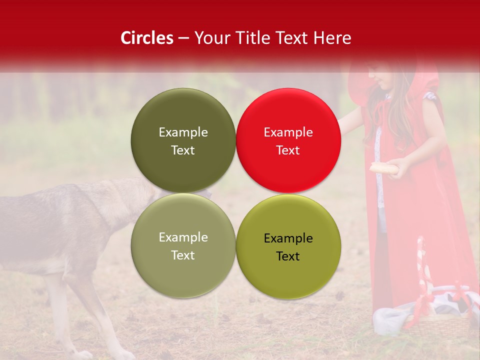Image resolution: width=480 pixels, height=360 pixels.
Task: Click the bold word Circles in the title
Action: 147,38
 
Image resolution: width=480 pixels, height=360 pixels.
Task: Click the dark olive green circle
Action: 183,140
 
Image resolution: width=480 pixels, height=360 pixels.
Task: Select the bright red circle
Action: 288,140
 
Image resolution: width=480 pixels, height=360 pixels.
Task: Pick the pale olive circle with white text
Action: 183,245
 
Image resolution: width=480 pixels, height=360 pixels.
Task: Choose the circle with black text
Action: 288,246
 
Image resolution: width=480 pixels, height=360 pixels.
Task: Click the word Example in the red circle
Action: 288,132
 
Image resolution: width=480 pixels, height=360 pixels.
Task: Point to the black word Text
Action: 288,256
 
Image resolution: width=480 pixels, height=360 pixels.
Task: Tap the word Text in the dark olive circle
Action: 183,150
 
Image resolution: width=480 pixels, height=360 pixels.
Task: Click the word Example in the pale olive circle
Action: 183,237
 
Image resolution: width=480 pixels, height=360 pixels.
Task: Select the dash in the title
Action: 183,38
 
